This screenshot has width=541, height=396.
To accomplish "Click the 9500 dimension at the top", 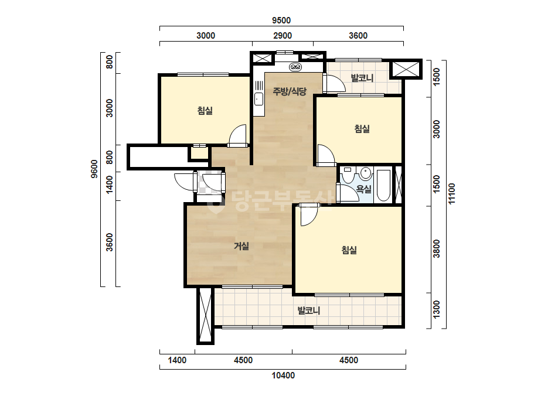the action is pyautogui.click(x=281, y=21).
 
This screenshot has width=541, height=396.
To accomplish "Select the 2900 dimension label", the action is pyautogui.click(x=283, y=36).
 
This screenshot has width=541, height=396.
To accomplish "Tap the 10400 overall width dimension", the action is pyautogui.click(x=283, y=375).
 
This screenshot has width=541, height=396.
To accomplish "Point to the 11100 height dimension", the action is pyautogui.click(x=451, y=194).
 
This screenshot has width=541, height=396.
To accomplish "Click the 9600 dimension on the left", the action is pyautogui.click(x=94, y=169).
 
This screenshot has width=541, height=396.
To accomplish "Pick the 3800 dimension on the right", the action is pyautogui.click(x=437, y=249).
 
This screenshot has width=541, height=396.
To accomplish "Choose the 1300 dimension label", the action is pyautogui.click(x=437, y=310).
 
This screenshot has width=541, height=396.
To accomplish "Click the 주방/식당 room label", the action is pyautogui.click(x=290, y=91).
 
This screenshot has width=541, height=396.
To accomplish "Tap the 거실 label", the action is pyautogui.click(x=241, y=246).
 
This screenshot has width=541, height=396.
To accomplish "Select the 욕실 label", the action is pyautogui.click(x=363, y=189).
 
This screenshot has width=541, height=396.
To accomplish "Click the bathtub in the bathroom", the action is pyautogui.click(x=383, y=185).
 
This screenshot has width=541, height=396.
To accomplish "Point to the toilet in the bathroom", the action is pyautogui.click(x=348, y=175).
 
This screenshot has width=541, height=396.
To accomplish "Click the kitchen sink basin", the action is pyautogui.click(x=258, y=99).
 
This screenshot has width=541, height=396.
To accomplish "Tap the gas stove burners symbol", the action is pyautogui.click(x=295, y=67).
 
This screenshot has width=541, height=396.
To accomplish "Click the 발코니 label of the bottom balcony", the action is pyautogui.click(x=309, y=311).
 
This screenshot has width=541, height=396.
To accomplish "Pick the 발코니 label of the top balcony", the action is pyautogui.click(x=362, y=78).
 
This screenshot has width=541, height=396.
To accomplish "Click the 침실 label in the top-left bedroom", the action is pyautogui.click(x=205, y=110).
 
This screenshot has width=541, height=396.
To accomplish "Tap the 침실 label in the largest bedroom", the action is pyautogui.click(x=349, y=250).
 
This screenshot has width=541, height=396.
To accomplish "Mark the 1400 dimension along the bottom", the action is pyautogui.click(x=177, y=360).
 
